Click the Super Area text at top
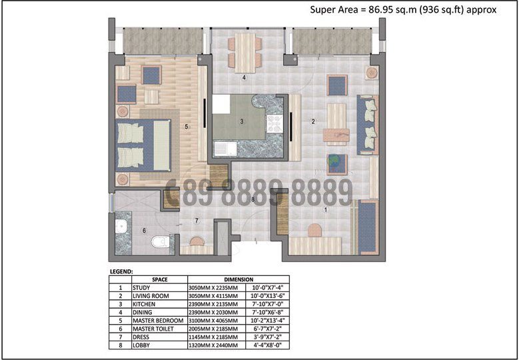pyautogui.click(x=403, y=9)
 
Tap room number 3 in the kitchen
pyautogui.click(x=242, y=121)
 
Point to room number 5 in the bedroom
pyautogui.click(x=187, y=126)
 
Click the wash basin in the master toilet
pyautogui.click(x=121, y=229)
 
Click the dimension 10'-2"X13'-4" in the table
pyautogui.click(x=266, y=320)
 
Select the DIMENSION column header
pyautogui.click(x=238, y=279)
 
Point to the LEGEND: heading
pyautogui.click(x=121, y=271)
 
